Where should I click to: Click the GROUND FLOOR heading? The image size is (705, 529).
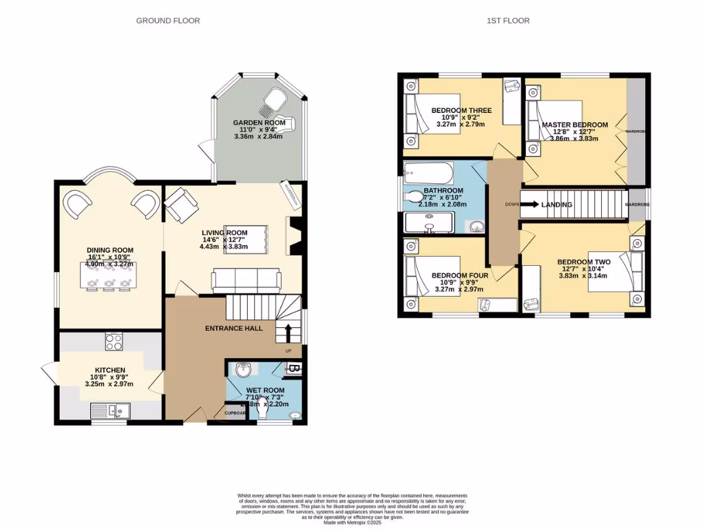168,21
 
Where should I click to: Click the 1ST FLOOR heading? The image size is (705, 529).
508,21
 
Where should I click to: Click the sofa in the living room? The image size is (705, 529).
246,280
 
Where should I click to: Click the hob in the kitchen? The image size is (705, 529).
114,342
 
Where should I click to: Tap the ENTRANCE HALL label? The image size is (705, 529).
233,329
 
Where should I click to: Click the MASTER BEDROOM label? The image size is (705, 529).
575,125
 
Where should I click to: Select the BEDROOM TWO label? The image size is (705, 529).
584,262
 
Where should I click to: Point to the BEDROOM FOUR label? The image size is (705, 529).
460,276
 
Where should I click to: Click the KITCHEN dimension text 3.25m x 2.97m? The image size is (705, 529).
109,384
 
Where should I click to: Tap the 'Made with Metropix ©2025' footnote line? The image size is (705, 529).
352,522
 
